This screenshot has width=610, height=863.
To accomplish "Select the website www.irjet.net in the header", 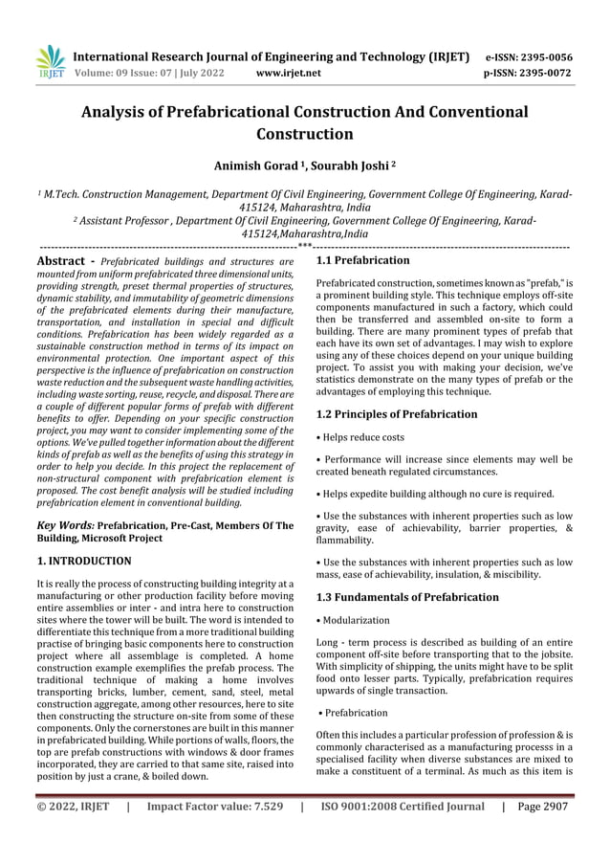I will tap(293, 71).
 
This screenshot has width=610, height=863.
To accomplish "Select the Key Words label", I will tap(65, 525).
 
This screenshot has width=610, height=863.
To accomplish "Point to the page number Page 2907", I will tap(545, 806).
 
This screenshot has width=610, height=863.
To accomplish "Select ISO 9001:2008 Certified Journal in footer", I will tap(402, 806).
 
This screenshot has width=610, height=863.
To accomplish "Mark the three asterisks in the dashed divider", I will tap(304, 247).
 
